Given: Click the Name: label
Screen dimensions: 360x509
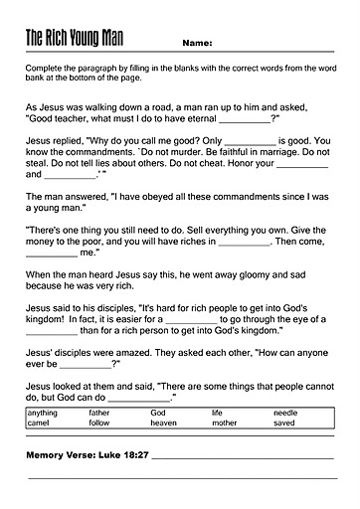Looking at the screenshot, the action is point(198,44).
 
